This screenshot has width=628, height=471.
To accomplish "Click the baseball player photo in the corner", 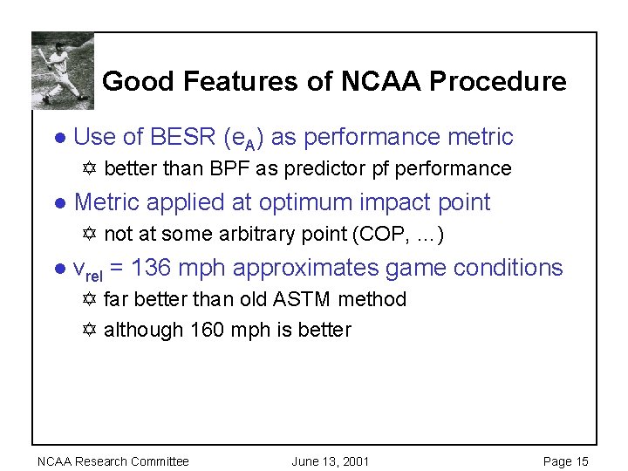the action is pos(63,71).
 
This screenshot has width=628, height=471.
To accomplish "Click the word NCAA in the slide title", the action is pos(381,81).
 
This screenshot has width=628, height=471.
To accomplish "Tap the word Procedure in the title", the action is pos(498,81).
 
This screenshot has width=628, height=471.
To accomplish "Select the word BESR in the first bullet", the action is pos(182,136).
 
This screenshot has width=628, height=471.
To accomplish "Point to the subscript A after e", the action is pos(250,145).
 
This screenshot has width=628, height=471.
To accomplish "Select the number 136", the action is pos(151,267).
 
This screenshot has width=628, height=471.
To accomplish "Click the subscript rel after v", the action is pos(94,276).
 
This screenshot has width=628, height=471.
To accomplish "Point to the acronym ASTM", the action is pos(301,299).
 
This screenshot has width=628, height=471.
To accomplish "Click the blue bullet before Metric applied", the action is pos(60,203).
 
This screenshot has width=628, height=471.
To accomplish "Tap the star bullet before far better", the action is pos(89,299).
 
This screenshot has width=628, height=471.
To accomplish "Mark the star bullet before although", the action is pos(89,329).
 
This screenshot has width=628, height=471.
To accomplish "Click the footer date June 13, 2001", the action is pos(331,461).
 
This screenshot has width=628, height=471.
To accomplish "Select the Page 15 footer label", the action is pos(565,461).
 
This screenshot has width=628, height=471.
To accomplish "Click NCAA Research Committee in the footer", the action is pos(113,461).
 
